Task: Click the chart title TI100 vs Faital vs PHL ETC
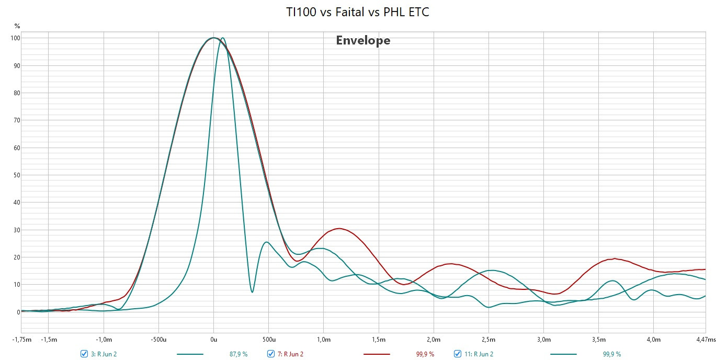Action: tap(357, 12)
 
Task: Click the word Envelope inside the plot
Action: tap(363, 41)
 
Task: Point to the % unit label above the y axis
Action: tap(17, 26)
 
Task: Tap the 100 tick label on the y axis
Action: tap(15, 38)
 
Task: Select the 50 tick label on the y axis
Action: tap(17, 175)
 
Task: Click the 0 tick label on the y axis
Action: tap(18, 312)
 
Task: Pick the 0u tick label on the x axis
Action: tap(213, 340)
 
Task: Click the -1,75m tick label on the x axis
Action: tap(22, 340)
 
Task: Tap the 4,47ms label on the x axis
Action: tap(706, 340)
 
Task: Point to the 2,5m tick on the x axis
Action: tap(488, 340)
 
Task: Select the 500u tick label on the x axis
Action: tap(269, 340)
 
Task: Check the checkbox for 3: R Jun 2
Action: tap(84, 354)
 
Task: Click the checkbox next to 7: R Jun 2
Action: tap(271, 354)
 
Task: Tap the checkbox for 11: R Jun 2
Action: tap(458, 354)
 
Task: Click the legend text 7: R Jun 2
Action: tap(290, 354)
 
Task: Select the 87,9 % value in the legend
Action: tap(238, 354)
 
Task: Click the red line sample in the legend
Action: tap(377, 354)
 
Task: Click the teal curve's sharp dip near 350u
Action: tap(252, 292)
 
